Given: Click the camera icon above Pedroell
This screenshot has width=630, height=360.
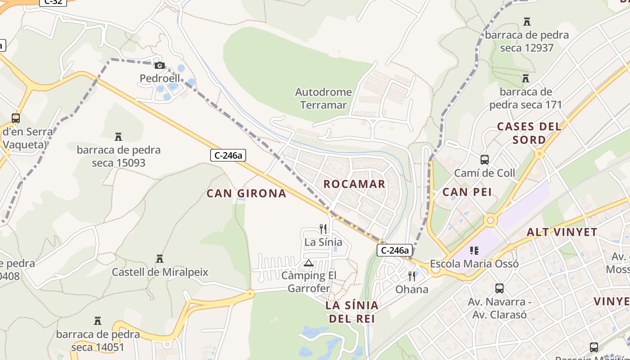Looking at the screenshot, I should point(160,66).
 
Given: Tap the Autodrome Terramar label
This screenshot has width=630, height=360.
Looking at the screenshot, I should point(323,99).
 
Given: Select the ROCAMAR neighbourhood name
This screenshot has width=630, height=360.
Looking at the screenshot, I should point(354,184).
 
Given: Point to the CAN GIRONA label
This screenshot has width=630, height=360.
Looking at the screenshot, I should point(246,193).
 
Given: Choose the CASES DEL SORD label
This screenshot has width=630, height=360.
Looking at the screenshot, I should point(529,133).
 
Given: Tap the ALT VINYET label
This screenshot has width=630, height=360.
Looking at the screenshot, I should point(562,233).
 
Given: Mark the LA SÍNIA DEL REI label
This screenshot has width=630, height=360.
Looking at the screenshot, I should point(352,312).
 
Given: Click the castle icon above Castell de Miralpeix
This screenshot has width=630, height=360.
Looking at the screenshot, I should point(159,259).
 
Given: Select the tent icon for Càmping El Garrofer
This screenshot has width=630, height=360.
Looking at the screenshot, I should point(309,263).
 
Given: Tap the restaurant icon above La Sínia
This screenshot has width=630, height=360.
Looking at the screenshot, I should point(323,229).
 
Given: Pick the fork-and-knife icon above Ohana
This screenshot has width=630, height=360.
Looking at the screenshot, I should point(412,276).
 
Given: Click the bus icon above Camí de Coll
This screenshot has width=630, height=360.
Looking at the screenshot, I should point(484,160).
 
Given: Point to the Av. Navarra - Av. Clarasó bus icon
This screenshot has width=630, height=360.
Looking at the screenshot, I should point(499,288).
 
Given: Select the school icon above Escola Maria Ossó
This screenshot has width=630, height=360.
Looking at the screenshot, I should point(474,250).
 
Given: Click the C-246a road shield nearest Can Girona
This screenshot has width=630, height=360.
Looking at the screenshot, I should point(228,156).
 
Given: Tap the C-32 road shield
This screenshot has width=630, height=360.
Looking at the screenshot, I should point(53,2).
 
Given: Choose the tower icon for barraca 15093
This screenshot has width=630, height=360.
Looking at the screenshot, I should point(118,136).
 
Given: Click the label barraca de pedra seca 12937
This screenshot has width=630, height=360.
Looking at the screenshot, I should point(526,41).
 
